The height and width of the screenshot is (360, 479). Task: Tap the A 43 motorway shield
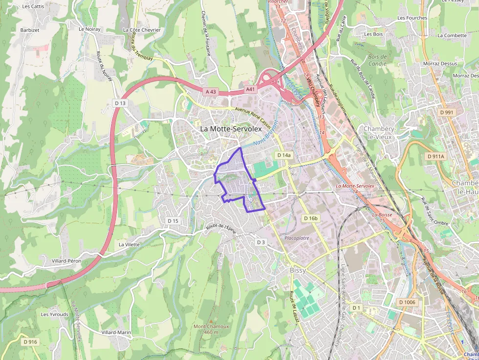coord(211,91)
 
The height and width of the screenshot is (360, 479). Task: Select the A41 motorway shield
coord(250,89)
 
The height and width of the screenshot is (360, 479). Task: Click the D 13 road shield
coord(120,103)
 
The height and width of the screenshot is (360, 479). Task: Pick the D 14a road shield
coord(283,155)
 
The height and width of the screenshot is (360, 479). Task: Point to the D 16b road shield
coord(310,218)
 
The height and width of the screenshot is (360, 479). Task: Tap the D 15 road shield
coord(173,221)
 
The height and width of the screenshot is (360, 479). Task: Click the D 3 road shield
coord(261,242)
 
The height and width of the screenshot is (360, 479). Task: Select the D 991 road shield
coord(447,112)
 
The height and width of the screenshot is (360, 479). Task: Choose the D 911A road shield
coord(435,156)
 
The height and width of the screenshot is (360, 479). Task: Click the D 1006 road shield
coord(407,302)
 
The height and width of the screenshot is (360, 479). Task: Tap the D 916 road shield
coord(30,341)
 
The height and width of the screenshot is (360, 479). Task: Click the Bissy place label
coord(298,270)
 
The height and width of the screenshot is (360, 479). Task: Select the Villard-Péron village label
coord(66,261)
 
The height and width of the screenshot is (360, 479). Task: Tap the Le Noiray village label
coord(89,29)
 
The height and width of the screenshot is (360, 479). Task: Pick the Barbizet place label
coord(30,30)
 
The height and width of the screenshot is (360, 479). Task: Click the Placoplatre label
coord(297,238)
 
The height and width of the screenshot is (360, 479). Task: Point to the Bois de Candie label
coord(377,60)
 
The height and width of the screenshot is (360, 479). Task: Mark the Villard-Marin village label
coord(116,332)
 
